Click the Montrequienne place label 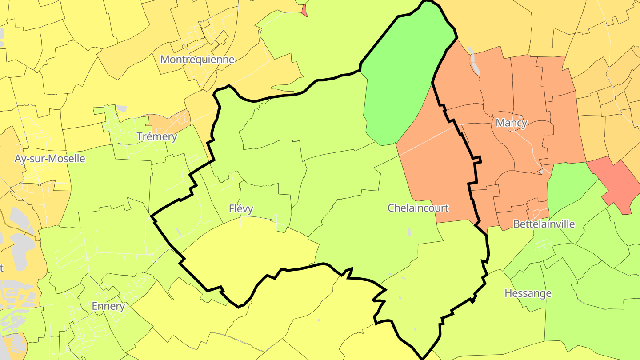pyautogui.click(x=197, y=60)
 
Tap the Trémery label pyautogui.click(x=157, y=136)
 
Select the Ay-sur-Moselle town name pyautogui.click(x=49, y=159)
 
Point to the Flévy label pyautogui.click(x=241, y=208)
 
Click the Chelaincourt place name pyautogui.click(x=418, y=208)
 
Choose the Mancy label pyautogui.click(x=511, y=123)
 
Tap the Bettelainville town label pyautogui.click(x=544, y=224)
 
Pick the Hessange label pyautogui.click(x=528, y=293)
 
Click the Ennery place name pyautogui.click(x=108, y=306)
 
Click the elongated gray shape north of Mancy pyautogui.click(x=475, y=64)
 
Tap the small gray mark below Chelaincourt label pyautogui.click(x=409, y=232)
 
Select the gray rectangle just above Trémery pyautogui.click(x=121, y=108)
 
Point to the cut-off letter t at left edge pyautogui.click(x=2, y=268)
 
